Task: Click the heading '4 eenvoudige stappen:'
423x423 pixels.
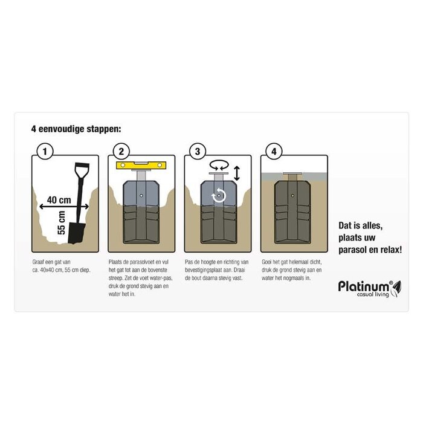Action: tap(76, 129)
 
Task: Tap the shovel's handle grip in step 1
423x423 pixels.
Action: tap(82, 168)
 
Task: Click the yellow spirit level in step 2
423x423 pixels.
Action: tap(141, 165)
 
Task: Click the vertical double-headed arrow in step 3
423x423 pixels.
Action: tap(237, 174)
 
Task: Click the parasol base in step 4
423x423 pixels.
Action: tap(292, 215)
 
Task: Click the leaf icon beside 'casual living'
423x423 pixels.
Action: tap(396, 291)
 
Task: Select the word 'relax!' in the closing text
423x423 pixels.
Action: tap(387, 248)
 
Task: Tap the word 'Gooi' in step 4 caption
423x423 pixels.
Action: tap(268, 262)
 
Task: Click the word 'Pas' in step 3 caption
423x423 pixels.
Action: tap(190, 262)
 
